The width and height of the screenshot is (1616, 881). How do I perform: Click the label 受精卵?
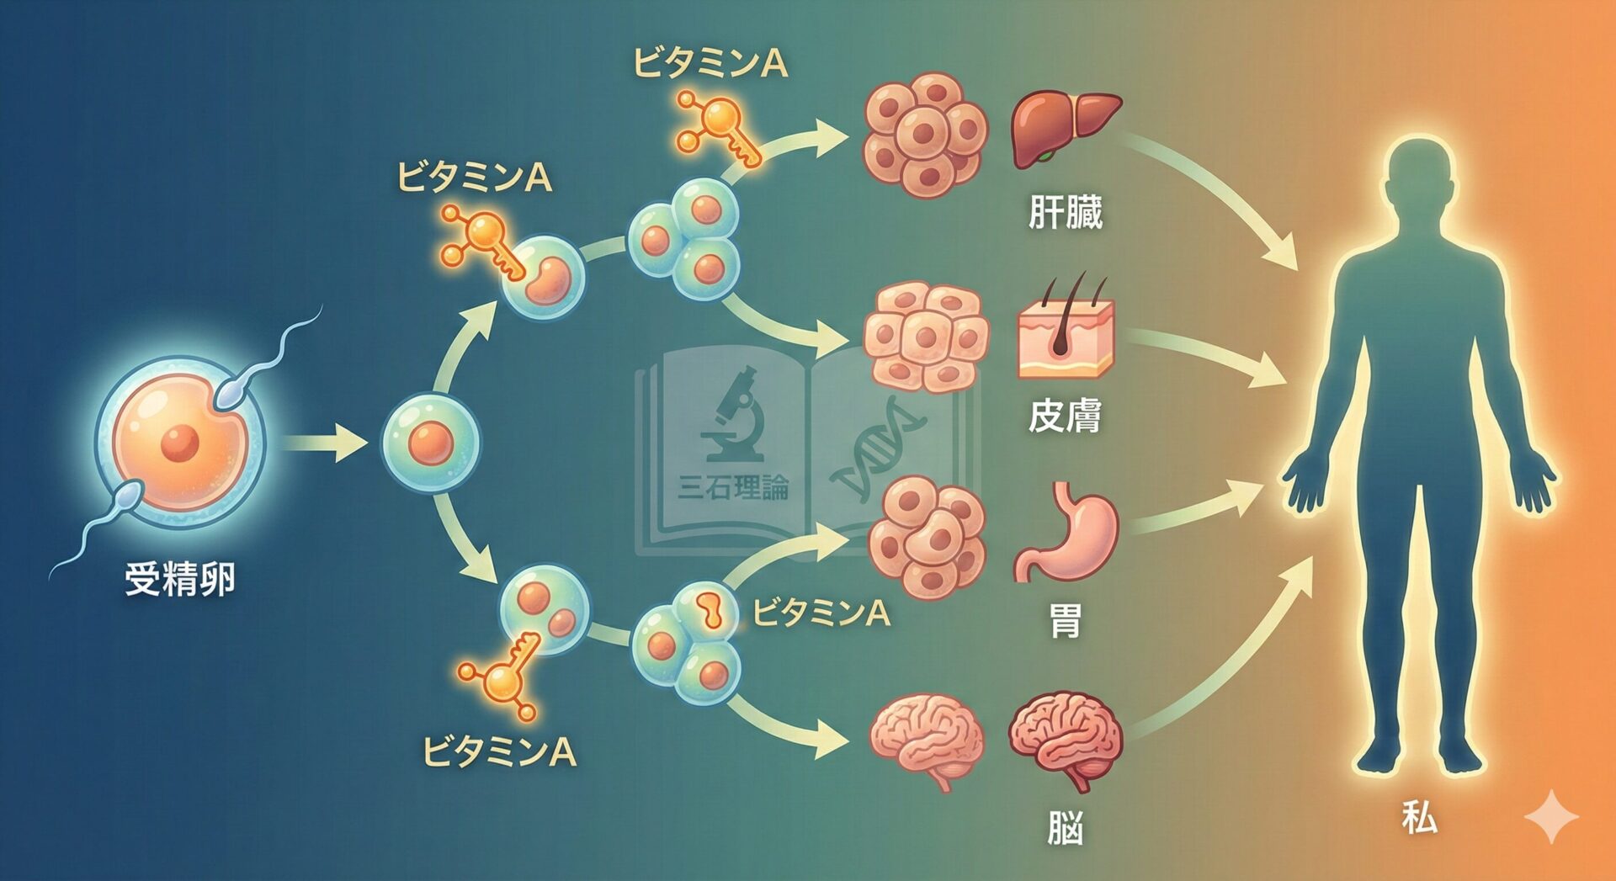point(179,580)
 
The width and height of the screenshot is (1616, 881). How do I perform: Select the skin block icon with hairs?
point(1066,332)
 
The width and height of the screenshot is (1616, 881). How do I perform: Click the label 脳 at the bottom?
point(1065,828)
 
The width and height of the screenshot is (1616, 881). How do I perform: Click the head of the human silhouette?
point(1420,173)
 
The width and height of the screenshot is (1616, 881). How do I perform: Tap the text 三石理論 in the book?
point(732,487)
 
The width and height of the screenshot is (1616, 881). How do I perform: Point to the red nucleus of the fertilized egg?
point(179,443)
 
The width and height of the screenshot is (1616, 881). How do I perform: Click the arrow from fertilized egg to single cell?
point(324,443)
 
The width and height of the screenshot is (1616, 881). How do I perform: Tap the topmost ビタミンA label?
point(711,64)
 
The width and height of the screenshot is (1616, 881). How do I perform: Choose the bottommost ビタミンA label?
point(499,751)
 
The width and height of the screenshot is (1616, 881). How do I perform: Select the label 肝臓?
point(1065,212)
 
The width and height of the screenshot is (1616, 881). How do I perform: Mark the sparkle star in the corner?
point(1551,817)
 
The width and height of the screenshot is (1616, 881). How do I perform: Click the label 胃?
point(1065,622)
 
